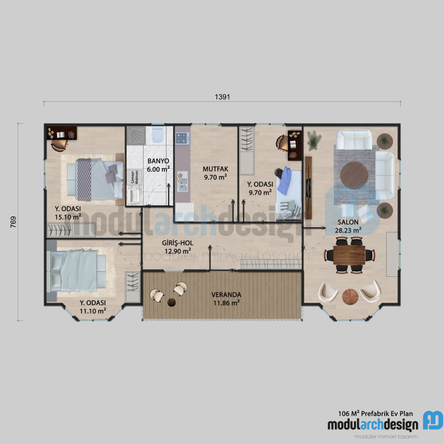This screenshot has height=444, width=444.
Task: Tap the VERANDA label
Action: [226, 294]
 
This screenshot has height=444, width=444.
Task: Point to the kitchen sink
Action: [182, 180]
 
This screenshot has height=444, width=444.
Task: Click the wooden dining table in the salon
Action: [349, 255]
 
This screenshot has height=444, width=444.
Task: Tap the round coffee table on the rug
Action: [354, 175]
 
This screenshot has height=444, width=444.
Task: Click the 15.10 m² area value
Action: [67, 217]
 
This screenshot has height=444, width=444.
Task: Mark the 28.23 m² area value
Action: [342, 230]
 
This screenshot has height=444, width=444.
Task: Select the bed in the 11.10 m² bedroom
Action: [75, 270]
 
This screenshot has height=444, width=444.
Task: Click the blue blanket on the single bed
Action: [285, 181]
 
